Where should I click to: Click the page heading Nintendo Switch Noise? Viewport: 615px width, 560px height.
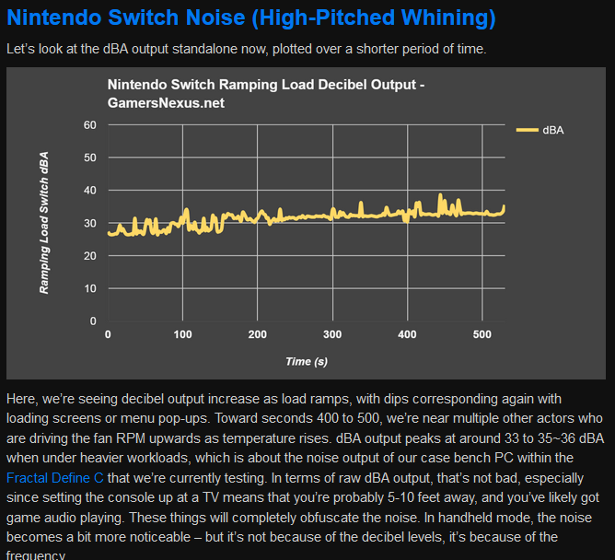click(x=250, y=17)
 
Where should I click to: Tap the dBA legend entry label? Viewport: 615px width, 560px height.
click(x=553, y=131)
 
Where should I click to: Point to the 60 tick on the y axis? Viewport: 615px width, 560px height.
click(x=89, y=124)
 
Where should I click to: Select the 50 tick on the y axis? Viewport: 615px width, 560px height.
click(x=89, y=157)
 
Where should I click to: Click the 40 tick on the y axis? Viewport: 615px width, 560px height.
click(x=89, y=190)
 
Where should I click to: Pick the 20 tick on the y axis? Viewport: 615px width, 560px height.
click(x=89, y=255)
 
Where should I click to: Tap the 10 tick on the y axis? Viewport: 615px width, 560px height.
click(x=89, y=288)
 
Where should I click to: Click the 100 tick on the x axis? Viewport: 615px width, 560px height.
click(x=183, y=334)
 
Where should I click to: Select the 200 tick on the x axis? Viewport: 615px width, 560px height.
click(x=258, y=334)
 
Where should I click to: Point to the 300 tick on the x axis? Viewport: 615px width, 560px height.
click(x=333, y=334)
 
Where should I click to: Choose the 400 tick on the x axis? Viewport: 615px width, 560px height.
click(x=408, y=334)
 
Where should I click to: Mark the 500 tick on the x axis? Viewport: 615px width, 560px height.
click(x=482, y=334)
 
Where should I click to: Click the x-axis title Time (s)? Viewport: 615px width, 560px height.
click(x=306, y=362)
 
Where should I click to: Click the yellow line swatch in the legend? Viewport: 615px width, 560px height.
click(x=526, y=131)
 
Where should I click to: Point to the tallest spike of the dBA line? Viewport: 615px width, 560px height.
click(x=441, y=195)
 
